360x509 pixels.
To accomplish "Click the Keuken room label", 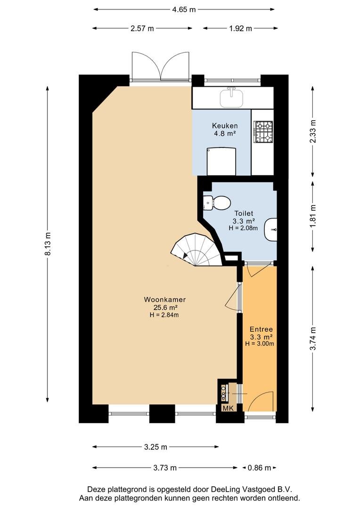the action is [225, 126].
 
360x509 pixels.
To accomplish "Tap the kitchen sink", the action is [231, 98].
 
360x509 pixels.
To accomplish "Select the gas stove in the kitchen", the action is [263, 132].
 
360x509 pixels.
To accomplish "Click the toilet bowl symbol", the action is [217, 203].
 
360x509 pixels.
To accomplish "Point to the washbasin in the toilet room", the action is [271, 230].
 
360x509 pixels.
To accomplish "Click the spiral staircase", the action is [196, 250].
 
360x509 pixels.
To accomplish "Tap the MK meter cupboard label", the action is [228, 408].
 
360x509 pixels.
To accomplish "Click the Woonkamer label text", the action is [164, 300].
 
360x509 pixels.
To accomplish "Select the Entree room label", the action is [261, 329].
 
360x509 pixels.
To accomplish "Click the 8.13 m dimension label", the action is [48, 244].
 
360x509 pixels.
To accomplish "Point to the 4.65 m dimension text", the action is [184, 9].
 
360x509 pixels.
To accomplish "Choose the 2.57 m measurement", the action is [142, 28].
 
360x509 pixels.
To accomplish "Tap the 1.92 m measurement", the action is [240, 28].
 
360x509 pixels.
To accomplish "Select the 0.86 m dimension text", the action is [259, 468].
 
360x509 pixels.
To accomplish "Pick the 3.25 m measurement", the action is [155, 447].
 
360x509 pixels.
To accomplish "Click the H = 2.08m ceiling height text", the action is [243, 228].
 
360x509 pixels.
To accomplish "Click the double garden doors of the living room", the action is [160, 66].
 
